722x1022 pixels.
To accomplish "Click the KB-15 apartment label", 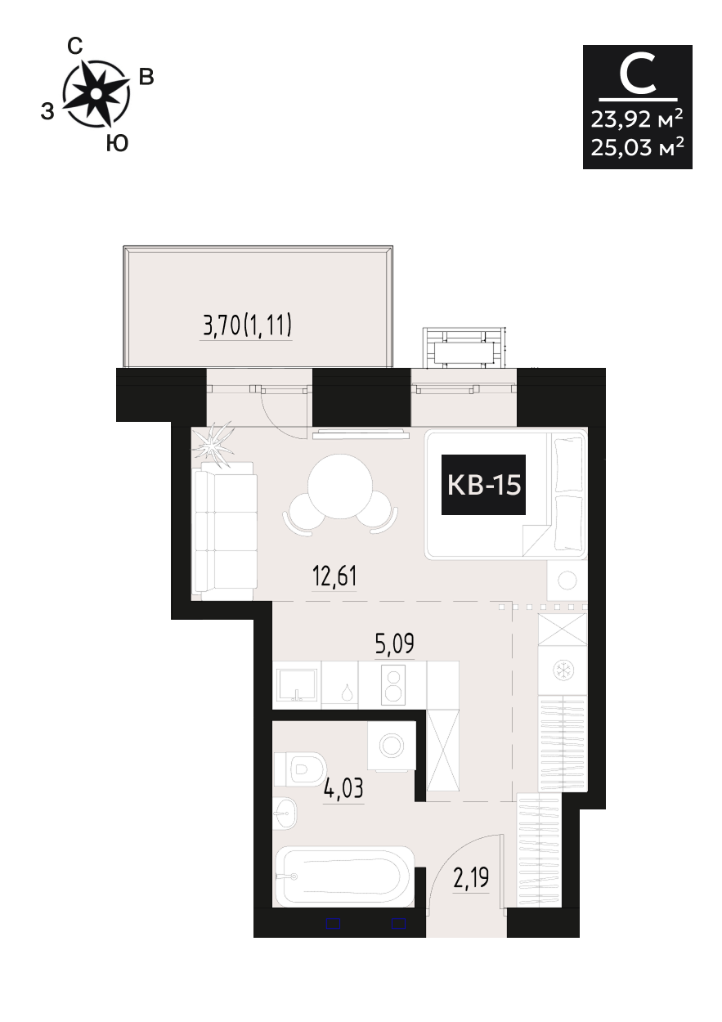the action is pyautogui.click(x=483, y=485).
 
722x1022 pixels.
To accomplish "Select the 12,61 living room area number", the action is pyautogui.click(x=334, y=576).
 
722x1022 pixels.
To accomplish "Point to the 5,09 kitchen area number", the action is pyautogui.click(x=395, y=643).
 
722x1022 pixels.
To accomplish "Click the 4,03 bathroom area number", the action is pyautogui.click(x=343, y=788).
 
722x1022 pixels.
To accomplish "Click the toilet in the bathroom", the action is pyautogui.click(x=299, y=769).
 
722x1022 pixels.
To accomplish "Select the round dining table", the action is pyautogui.click(x=340, y=486).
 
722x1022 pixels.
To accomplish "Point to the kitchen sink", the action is pyautogui.click(x=297, y=684).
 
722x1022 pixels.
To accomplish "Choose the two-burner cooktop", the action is pyautogui.click(x=393, y=685).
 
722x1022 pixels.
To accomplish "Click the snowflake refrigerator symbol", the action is pyautogui.click(x=563, y=670).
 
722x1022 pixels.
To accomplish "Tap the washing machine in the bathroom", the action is pyautogui.click(x=392, y=746).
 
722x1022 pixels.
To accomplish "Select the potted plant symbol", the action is pyautogui.click(x=213, y=446).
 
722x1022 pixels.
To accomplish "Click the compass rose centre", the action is pyautogui.click(x=96, y=93).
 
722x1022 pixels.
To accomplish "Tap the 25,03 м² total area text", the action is pyautogui.click(x=637, y=147).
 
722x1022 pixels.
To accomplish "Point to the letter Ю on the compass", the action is pyautogui.click(x=117, y=144).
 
